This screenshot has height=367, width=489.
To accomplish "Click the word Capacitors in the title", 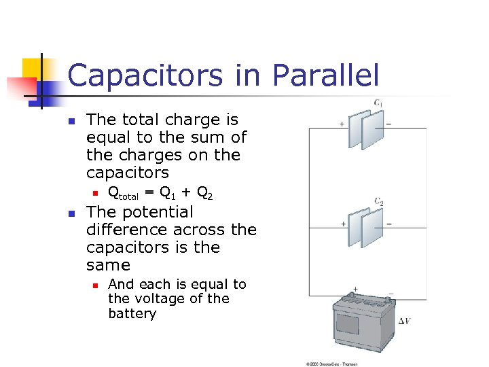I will [146, 75].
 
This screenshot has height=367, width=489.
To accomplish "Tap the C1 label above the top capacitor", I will [378, 103].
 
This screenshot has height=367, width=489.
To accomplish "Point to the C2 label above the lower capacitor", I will [378, 201].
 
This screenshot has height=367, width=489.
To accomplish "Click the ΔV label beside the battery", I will [403, 320].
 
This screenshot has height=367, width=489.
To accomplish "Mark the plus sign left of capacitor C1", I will [342, 124].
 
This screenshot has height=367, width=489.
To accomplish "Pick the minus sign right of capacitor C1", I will [388, 124].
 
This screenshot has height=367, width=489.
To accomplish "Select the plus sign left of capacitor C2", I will [342, 224].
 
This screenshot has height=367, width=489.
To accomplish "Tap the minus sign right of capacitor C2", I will [388, 224].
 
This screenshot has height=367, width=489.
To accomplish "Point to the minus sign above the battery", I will [390, 294].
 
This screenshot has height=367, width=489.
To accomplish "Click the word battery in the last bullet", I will [132, 314].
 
